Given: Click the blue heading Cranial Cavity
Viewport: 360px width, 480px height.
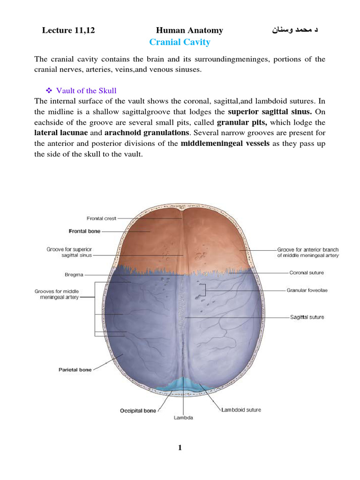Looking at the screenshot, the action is click(180, 43).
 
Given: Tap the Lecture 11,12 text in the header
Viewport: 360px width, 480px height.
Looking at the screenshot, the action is click(68, 31).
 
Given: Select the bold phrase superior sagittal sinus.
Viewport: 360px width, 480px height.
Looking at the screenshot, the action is click(270, 112).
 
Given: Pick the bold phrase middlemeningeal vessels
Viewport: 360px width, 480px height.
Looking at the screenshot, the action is click(225, 144).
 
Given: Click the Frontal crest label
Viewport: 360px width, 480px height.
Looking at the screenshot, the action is click(101, 218).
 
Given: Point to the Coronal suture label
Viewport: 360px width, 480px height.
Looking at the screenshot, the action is click(307, 272).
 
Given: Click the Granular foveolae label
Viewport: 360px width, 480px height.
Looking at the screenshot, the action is click(307, 291).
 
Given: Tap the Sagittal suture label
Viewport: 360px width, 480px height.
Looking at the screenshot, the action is click(307, 317).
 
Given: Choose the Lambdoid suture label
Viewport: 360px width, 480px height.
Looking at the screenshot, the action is click(241, 410).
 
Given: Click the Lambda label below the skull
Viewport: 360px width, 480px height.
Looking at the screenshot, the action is click(183, 417).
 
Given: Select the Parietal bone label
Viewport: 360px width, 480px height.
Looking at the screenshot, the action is click(75, 370).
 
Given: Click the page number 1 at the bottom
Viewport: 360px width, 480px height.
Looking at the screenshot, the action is click(180, 448).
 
